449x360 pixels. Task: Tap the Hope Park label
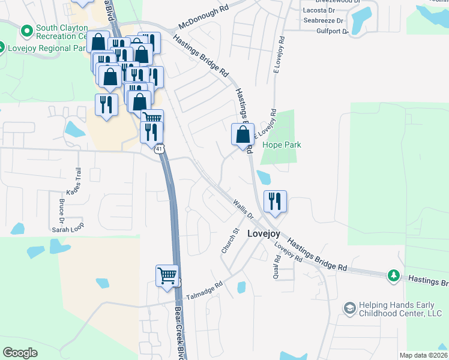coord(282,145)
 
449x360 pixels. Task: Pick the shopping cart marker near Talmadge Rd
coord(167,277)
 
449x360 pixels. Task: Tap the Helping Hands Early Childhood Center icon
coord(349,308)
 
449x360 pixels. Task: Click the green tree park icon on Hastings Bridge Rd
coord(393,275)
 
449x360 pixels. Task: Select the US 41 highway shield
coord(159,149)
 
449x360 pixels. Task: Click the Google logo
coord(20,353)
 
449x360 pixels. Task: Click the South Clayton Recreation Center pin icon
coord(26,30)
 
